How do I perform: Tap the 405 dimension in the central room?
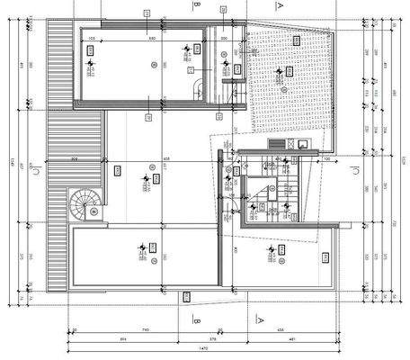coord(166,159)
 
